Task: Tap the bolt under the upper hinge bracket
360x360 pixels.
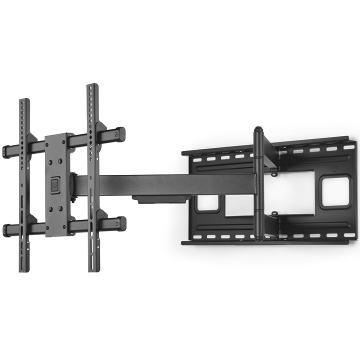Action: [x=273, y=174]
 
